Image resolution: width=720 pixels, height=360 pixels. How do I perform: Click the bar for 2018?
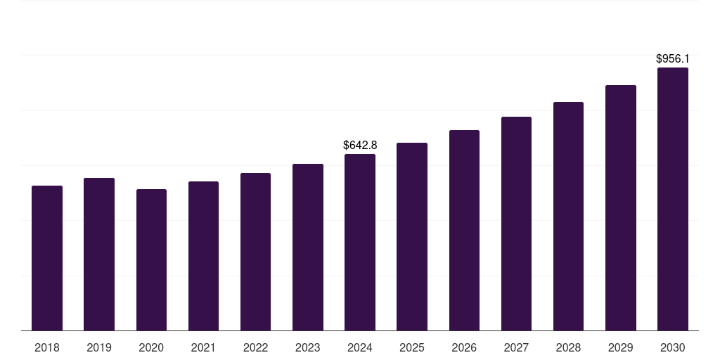click(47, 258)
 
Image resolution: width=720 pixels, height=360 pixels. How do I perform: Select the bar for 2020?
click(151, 259)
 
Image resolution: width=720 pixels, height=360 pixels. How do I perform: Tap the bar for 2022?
click(255, 252)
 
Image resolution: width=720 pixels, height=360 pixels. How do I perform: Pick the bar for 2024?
click(360, 242)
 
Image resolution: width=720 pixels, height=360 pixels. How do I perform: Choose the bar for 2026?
click(464, 230)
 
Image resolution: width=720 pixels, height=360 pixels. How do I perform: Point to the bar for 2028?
click(568, 216)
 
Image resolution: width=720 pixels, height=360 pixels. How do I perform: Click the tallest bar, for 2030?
click(673, 199)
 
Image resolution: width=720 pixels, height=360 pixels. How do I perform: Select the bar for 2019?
click(99, 254)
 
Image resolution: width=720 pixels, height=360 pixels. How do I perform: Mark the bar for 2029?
click(621, 207)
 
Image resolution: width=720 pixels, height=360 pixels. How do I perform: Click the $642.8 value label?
click(360, 145)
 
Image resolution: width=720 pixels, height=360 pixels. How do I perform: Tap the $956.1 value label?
click(673, 59)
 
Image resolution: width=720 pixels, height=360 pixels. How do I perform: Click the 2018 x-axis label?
click(47, 347)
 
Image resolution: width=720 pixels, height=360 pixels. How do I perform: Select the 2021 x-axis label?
click(203, 347)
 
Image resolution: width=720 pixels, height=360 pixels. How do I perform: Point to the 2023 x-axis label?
click(308, 347)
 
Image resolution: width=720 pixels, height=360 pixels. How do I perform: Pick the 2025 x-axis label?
click(412, 347)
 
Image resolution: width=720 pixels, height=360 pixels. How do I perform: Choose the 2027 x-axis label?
click(516, 347)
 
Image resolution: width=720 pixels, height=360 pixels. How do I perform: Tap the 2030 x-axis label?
click(673, 347)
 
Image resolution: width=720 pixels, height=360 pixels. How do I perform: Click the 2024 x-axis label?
click(360, 347)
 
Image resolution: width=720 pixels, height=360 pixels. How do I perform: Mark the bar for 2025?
click(412, 236)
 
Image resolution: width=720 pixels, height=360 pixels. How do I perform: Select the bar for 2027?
click(516, 224)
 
